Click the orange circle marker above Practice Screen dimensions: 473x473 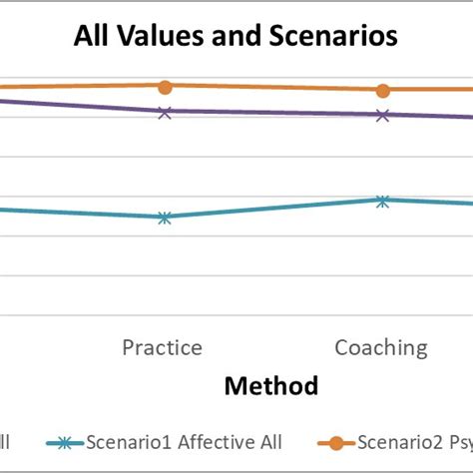pyautogui.click(x=165, y=87)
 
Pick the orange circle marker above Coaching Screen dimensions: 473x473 pyautogui.click(x=382, y=91)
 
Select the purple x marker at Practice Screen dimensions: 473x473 pyautogui.click(x=165, y=112)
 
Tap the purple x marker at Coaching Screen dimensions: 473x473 pyautogui.click(x=382, y=115)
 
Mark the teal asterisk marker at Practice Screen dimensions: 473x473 pyautogui.click(x=165, y=217)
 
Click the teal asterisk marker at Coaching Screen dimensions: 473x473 pyautogui.click(x=382, y=201)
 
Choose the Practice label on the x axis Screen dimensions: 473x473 pyautogui.click(x=162, y=347)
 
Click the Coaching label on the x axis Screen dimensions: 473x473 pyautogui.click(x=380, y=347)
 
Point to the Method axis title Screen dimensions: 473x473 pyautogui.click(x=270, y=385)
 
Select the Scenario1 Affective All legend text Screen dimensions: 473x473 pyautogui.click(x=184, y=442)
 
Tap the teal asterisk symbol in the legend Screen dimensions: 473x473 pyautogui.click(x=66, y=442)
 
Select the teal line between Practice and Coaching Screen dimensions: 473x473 pyautogui.click(x=273, y=209)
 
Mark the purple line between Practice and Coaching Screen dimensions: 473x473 pyautogui.click(x=273, y=114)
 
